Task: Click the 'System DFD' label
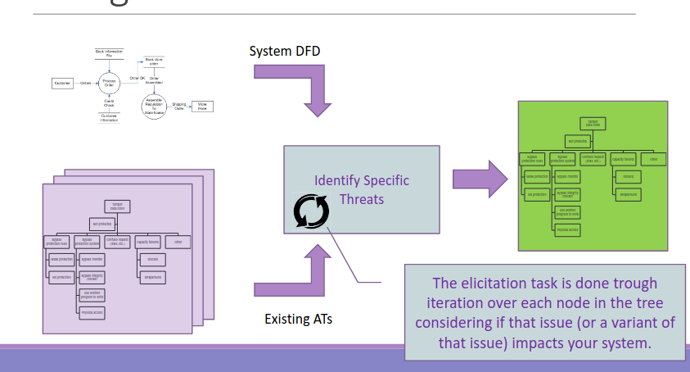[285, 52]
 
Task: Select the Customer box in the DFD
[62, 83]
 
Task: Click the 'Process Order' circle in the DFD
[109, 83]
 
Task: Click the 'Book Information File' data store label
[109, 53]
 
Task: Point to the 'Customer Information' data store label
[109, 118]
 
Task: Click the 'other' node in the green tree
[653, 158]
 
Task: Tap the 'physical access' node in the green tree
[566, 230]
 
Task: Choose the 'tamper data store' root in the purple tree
[117, 206]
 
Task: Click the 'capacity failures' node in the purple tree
[147, 242]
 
